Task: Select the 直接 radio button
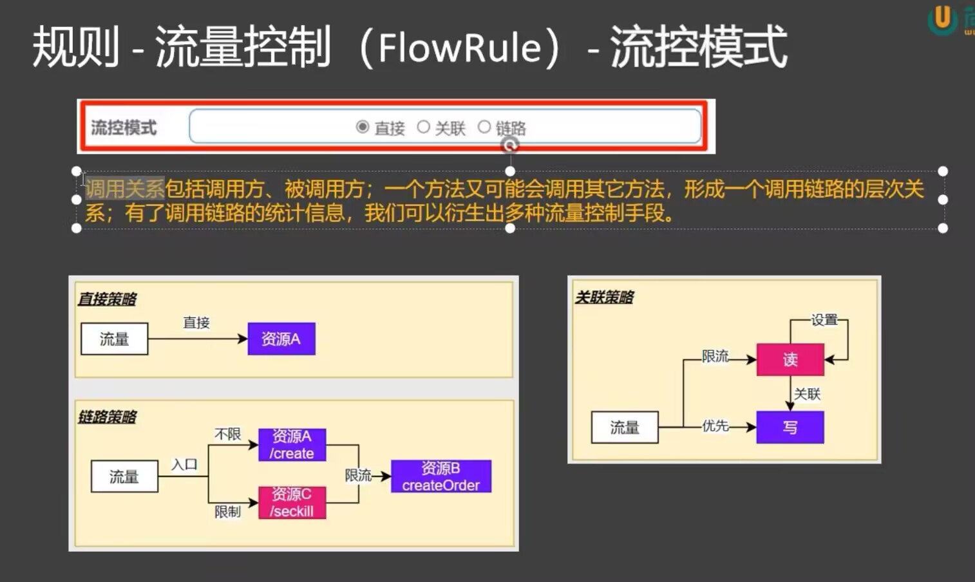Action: (363, 127)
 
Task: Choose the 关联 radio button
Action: (423, 127)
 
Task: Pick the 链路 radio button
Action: (484, 127)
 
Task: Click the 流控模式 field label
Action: (124, 127)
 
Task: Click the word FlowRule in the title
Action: (460, 48)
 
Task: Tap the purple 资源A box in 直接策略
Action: (281, 339)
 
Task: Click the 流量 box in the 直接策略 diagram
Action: (115, 339)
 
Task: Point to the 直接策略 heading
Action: (108, 299)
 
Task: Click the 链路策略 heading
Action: (108, 417)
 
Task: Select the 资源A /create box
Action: (292, 445)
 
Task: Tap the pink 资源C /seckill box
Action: (292, 503)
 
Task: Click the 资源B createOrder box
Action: (441, 476)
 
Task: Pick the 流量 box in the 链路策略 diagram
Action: (124, 476)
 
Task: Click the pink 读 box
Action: (790, 359)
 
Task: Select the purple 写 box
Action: (790, 427)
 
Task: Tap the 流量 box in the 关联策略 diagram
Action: (625, 427)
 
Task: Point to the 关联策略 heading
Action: (605, 297)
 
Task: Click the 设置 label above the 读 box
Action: (824, 319)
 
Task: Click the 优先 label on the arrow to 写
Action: (715, 426)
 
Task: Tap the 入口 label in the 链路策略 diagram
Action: (184, 464)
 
